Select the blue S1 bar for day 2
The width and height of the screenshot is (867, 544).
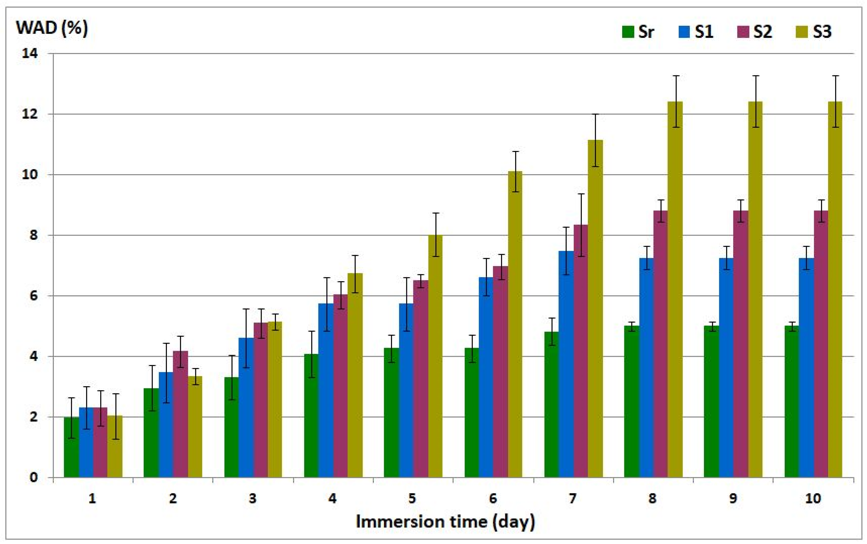pos(166,425)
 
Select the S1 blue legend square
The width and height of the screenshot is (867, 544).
pos(684,32)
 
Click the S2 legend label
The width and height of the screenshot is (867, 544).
pos(762,32)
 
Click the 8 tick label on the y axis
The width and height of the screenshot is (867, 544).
pos(33,235)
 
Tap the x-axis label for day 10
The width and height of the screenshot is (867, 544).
pos(813,499)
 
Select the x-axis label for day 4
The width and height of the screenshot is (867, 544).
pos(332,499)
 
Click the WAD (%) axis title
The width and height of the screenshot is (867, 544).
pos(52,28)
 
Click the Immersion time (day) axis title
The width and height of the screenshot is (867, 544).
pos(445,521)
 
